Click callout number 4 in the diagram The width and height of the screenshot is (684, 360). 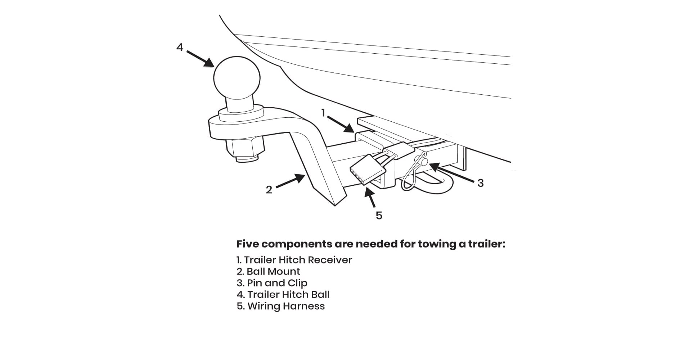pos(180,47)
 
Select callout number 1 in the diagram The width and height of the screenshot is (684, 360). pos(323,113)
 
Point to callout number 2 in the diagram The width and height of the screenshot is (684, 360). pos(269,190)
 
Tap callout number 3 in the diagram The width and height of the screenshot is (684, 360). pos(480,183)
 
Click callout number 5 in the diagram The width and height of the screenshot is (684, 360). pos(379,215)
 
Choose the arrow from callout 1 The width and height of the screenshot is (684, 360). pos(341,123)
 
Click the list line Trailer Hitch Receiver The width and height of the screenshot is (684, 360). pos(294,260)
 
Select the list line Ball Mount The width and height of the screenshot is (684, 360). pos(268,271)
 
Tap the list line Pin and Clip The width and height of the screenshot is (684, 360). pos(272,283)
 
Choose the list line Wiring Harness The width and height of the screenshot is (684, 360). pos(280,306)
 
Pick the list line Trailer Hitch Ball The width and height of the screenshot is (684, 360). pos(283,294)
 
